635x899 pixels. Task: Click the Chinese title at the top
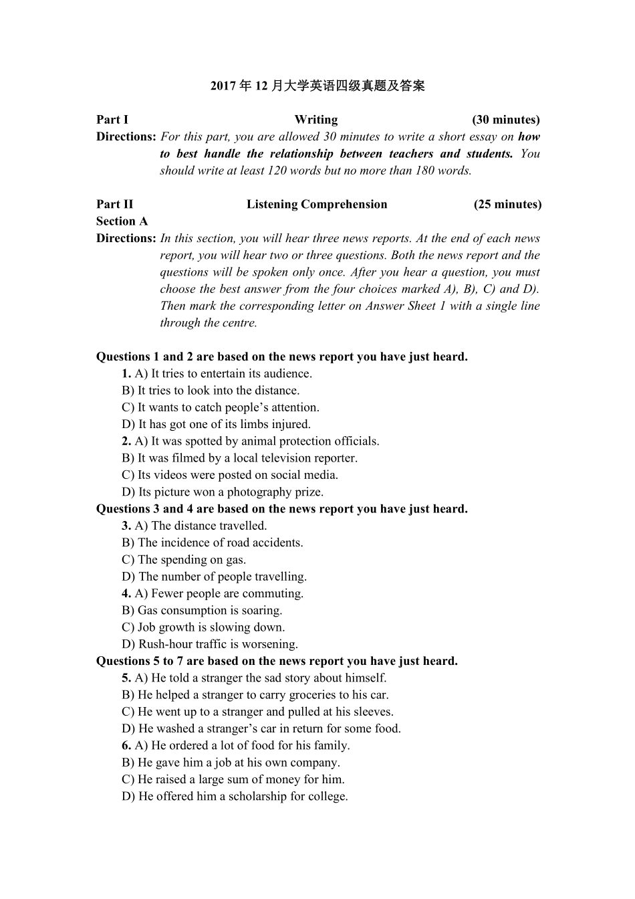317,86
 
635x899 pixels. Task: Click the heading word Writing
316,120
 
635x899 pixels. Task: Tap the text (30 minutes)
505,120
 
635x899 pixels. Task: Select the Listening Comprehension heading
317,204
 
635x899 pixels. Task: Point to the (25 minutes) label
507,204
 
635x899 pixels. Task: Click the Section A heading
122,221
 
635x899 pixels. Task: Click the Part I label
112,120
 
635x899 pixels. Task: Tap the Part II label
114,204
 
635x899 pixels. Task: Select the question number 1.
126,374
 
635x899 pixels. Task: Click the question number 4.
126,593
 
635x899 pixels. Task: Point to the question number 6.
126,746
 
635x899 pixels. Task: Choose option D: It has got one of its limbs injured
216,424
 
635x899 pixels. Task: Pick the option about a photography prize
223,492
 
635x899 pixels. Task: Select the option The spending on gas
184,560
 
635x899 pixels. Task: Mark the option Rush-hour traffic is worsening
210,644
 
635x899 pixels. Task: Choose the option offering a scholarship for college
235,797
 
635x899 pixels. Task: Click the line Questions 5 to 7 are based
277,661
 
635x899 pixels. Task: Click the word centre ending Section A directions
239,323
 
